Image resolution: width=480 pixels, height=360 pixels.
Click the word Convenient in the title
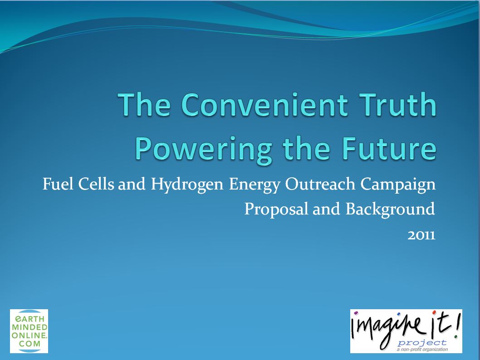(x=264, y=104)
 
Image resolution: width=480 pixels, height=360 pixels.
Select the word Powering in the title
(x=203, y=149)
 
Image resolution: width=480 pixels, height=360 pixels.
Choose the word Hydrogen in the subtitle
(x=187, y=185)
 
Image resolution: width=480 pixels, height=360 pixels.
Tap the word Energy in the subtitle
(x=255, y=185)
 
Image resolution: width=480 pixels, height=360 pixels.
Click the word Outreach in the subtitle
(x=320, y=184)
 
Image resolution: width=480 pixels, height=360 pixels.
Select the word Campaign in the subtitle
(x=397, y=185)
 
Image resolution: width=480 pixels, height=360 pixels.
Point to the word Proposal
(x=276, y=209)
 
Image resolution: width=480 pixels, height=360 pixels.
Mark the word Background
(x=390, y=209)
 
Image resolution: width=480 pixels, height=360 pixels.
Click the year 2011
(x=421, y=235)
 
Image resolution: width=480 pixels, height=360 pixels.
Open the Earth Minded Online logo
(x=29, y=331)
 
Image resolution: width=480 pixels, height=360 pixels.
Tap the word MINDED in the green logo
(x=29, y=327)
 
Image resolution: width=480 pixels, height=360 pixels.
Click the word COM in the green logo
(x=29, y=344)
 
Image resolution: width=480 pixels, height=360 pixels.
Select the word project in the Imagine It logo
(x=422, y=343)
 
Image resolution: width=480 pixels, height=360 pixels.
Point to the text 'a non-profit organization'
(x=422, y=349)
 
